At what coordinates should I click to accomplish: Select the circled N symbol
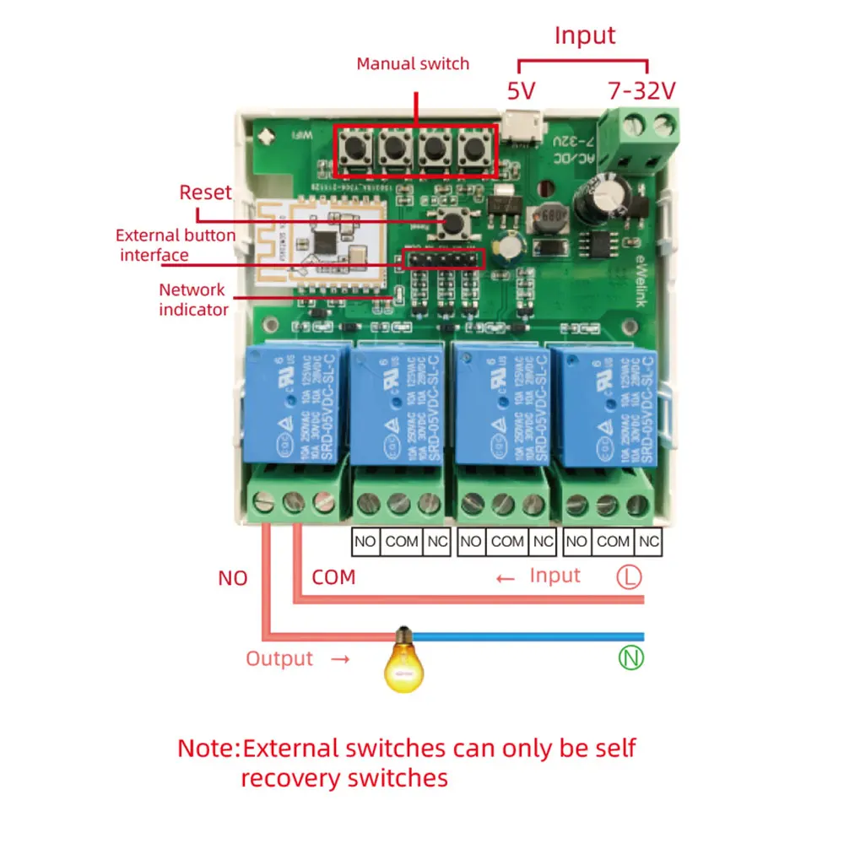(630, 658)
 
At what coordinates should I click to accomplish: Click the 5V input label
(521, 90)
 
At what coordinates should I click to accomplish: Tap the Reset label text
(205, 192)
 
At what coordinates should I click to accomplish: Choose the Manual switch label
(413, 63)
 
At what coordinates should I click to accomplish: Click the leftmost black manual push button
(354, 152)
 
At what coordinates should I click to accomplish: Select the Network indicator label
(193, 300)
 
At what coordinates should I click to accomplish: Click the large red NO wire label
(233, 578)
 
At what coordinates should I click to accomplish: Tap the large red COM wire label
(333, 578)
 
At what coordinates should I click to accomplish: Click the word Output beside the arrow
(279, 658)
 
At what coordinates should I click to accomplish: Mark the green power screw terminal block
(645, 139)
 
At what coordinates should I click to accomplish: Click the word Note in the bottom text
(205, 748)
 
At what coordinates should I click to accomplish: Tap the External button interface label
(176, 245)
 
